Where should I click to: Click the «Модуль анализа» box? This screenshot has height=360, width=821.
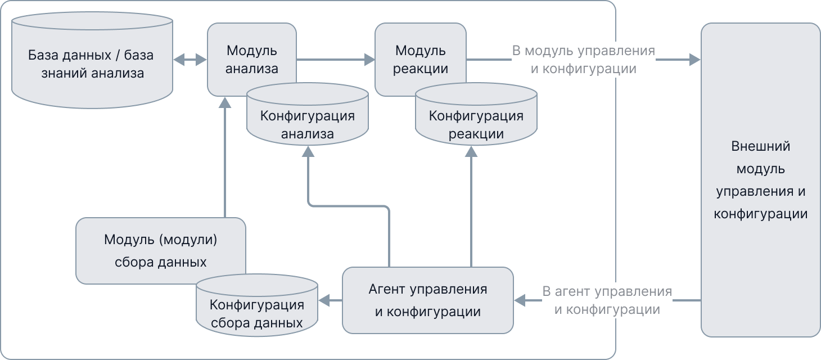coord(251,51)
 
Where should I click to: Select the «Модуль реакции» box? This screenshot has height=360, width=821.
coord(420,51)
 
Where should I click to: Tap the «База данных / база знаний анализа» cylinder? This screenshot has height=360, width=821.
coord(92,64)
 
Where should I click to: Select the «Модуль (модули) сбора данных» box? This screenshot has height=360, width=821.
coord(160,250)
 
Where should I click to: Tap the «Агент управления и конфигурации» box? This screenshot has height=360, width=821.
coord(427,300)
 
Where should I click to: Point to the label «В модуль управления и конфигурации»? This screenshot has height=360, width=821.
coord(584,60)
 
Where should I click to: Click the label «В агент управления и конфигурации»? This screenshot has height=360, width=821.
coord(607,300)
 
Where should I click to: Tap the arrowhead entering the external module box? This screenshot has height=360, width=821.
coord(695,59)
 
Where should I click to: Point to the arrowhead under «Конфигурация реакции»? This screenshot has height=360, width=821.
coord(471,151)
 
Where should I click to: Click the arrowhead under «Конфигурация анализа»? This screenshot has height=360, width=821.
coord(308,151)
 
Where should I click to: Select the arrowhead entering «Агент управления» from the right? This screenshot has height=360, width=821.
coord(520,300)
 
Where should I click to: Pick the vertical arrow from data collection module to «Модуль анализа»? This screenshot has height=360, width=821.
coord(225,157)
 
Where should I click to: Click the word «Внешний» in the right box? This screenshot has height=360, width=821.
coord(761,146)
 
